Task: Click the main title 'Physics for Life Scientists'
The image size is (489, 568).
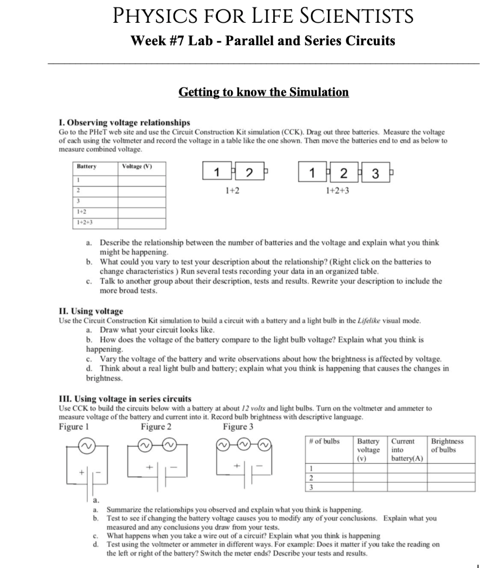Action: (x=263, y=16)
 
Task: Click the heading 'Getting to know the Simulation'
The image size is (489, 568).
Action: (x=263, y=92)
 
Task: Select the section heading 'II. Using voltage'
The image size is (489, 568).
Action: (x=91, y=311)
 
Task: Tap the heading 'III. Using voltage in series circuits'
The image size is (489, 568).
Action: (x=124, y=399)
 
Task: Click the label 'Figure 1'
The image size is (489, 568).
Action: (x=73, y=427)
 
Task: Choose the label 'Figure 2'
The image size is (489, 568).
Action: (x=156, y=427)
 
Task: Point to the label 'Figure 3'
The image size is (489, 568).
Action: (x=238, y=427)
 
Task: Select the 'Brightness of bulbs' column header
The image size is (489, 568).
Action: (x=447, y=445)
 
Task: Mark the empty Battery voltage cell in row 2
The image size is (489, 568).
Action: (x=371, y=477)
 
